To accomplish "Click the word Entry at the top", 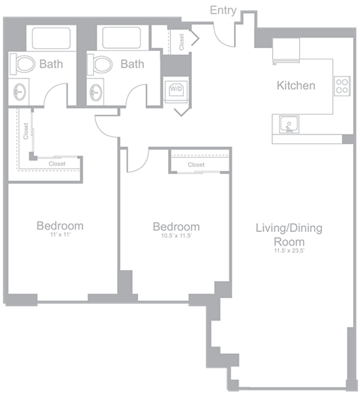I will pyautogui.click(x=225, y=10).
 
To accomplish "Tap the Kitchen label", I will pyautogui.click(x=295, y=86).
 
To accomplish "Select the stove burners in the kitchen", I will pyautogui.click(x=341, y=86).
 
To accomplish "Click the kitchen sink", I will pyautogui.click(x=286, y=123).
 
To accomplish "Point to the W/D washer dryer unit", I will pyautogui.click(x=177, y=89).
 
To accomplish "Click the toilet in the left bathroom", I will pyautogui.click(x=24, y=65).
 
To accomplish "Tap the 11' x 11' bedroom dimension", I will pyautogui.click(x=60, y=236).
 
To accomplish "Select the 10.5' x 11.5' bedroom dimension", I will pyautogui.click(x=175, y=237).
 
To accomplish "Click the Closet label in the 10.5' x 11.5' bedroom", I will pyautogui.click(x=196, y=164).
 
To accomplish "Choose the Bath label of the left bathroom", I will pyautogui.click(x=52, y=65).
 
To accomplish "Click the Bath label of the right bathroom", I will pyautogui.click(x=132, y=65).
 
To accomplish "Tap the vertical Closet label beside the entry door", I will pyautogui.click(x=182, y=41).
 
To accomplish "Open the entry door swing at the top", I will pyautogui.click(x=223, y=32).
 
